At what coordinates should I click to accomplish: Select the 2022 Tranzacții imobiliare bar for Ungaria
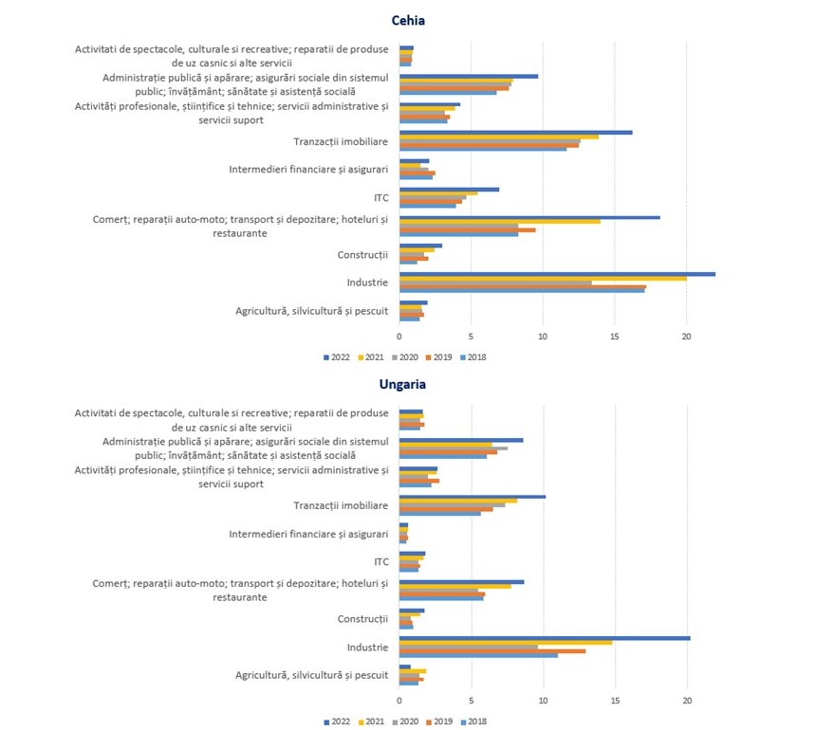pos(473,496)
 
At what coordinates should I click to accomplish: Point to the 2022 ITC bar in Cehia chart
pos(449,189)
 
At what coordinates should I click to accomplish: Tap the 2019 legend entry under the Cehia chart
pos(441,357)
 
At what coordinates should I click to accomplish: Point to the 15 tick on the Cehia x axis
pos(615,337)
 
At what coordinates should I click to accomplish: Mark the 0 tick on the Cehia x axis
pos(399,337)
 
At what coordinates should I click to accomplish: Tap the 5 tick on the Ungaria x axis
pos(472,701)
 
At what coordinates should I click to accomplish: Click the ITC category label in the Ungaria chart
pos(381,562)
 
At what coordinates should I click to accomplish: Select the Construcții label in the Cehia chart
pos(362,255)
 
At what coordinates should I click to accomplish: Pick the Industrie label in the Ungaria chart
pos(367,648)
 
